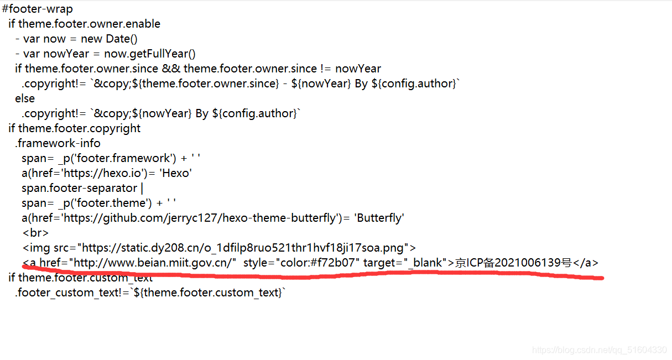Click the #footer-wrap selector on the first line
tap(38, 9)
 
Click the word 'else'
tap(25, 98)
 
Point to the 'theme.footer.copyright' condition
tap(80, 128)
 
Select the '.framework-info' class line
tap(58, 143)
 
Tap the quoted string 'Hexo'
tap(175, 173)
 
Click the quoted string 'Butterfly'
tap(380, 218)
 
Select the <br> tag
tap(35, 233)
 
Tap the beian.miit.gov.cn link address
tap(154, 263)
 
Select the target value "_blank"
tap(425, 263)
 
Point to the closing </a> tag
tap(586, 263)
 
